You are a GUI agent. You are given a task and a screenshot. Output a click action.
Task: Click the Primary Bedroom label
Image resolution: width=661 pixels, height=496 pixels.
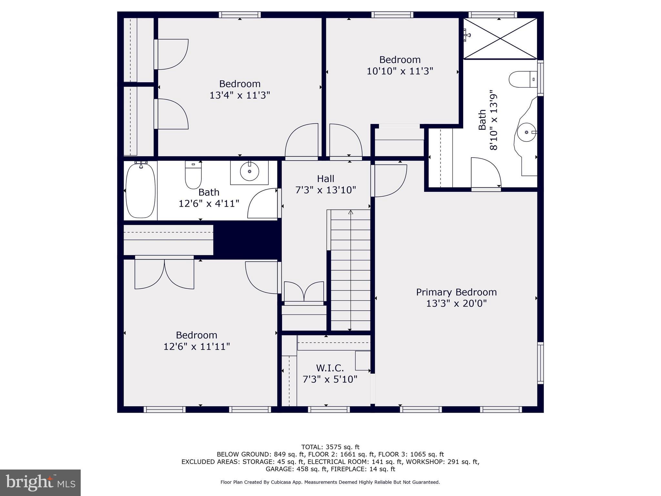(456, 292)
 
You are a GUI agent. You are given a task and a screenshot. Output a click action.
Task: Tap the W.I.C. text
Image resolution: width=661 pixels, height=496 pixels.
(330, 368)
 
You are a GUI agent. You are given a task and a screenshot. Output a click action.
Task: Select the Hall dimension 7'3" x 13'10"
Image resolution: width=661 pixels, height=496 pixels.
(325, 190)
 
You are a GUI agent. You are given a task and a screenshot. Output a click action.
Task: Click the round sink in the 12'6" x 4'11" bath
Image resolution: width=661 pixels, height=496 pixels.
(249, 171)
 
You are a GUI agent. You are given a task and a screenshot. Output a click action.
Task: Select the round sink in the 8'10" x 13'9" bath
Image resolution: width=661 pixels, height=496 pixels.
(526, 132)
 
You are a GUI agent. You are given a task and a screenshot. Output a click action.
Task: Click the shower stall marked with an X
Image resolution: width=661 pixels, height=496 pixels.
(500, 39)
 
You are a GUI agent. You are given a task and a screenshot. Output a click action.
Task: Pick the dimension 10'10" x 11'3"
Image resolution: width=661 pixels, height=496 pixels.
(400, 71)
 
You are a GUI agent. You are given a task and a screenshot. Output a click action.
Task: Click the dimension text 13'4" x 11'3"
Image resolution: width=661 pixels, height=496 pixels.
(239, 95)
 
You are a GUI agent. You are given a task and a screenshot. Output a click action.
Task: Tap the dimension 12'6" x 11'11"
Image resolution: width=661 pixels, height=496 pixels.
(196, 346)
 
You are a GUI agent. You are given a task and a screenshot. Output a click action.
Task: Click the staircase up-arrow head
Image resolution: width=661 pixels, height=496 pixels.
(351, 212)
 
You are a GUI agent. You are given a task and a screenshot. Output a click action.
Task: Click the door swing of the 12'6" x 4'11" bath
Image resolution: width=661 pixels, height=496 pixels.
(262, 203)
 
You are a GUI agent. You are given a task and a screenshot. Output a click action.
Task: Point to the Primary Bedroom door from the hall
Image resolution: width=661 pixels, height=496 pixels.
(389, 181)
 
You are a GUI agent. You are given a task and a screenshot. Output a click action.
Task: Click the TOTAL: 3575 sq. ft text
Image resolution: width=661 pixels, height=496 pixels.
(330, 447)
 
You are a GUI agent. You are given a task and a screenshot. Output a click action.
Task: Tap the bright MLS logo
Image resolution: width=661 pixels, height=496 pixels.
(40, 482)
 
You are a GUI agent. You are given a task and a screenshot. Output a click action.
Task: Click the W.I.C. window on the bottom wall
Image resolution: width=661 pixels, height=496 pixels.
(329, 409)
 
